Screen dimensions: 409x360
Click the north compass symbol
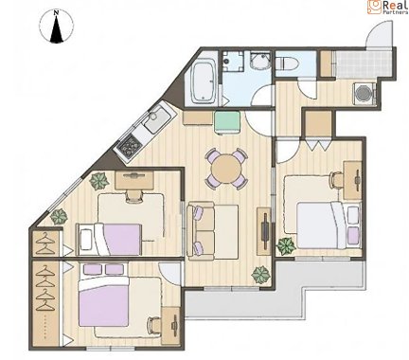pos(57,27)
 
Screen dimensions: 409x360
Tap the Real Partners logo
pos(388,7)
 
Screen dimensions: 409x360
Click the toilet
pos(285,63)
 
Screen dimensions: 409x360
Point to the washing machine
pos(365,94)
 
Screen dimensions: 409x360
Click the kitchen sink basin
pos(157,119)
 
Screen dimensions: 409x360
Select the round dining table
pos(226,169)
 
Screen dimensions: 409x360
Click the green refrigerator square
pos(227,122)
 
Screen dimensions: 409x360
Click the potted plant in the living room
pos(261,275)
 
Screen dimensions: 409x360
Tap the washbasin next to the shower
pos(260,61)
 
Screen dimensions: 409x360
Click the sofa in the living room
pos(201,231)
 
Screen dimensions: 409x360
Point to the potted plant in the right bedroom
pos(286,246)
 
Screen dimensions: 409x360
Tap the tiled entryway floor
pos(364,64)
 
